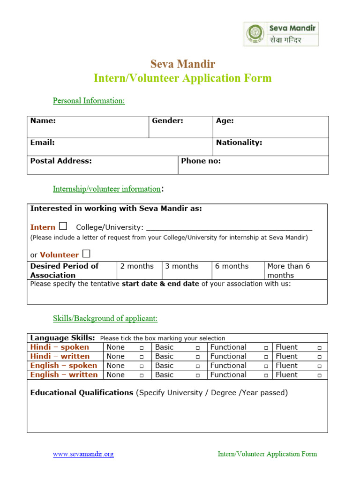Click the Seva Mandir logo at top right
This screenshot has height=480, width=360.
click(281, 34)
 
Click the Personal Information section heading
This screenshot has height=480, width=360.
click(89, 101)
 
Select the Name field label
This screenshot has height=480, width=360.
click(43, 121)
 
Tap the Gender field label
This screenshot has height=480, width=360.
click(167, 121)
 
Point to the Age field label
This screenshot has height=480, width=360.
click(225, 121)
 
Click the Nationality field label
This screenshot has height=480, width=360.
click(239, 142)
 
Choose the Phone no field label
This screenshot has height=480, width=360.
click(201, 161)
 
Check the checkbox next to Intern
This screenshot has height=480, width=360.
click(63, 226)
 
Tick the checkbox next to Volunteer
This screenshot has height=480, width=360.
click(86, 254)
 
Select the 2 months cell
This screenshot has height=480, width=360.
click(139, 270)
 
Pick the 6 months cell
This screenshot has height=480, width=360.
click(238, 270)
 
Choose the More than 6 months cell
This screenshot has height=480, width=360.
click(295, 270)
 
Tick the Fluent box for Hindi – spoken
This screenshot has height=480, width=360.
click(319, 348)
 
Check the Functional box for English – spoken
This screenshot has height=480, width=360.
click(265, 366)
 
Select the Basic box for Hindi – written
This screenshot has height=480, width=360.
click(198, 357)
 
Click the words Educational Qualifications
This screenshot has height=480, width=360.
click(82, 393)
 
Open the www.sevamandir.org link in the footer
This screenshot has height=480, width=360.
click(83, 454)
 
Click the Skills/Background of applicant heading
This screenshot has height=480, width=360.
click(105, 319)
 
